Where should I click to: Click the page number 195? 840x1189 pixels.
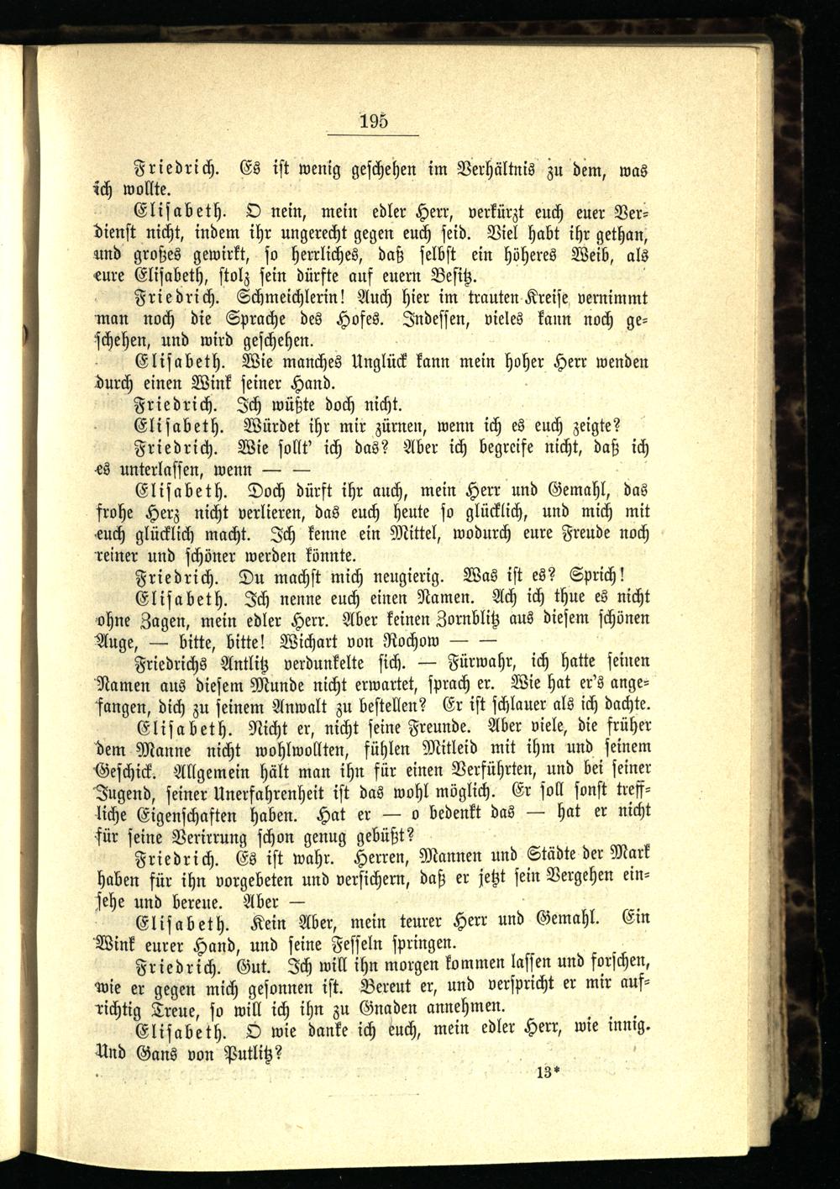(x=374, y=119)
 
